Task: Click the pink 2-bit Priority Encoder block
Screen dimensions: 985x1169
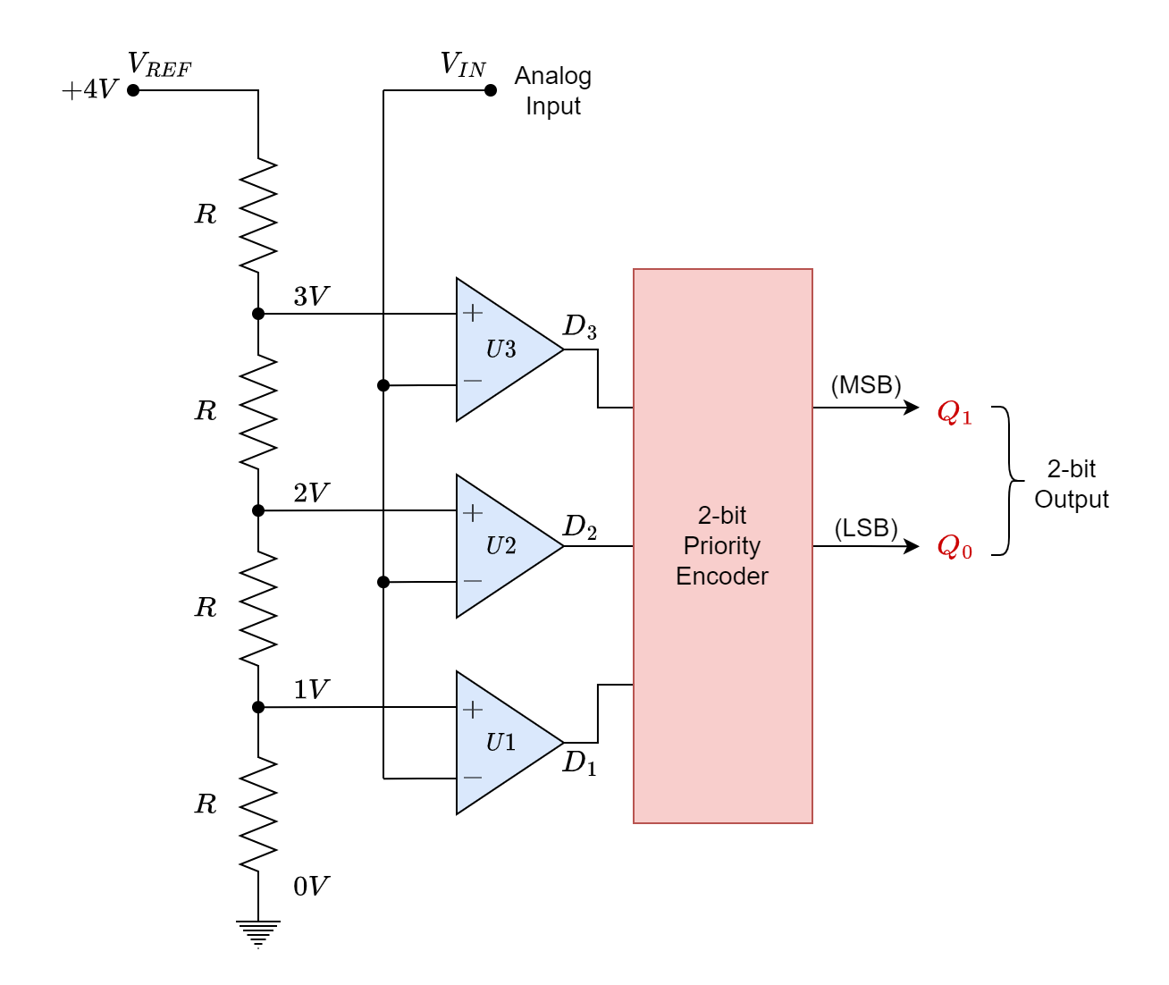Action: (722, 545)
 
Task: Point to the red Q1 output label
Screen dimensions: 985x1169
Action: (954, 413)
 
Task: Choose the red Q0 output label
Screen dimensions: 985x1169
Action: (954, 546)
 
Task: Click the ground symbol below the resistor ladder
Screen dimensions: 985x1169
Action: (258, 933)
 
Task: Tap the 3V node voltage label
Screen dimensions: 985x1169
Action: (311, 296)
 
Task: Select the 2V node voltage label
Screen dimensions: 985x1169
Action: (311, 492)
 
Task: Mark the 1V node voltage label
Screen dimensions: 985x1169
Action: (311, 689)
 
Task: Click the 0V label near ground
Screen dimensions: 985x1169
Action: (311, 886)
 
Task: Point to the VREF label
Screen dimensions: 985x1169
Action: (159, 65)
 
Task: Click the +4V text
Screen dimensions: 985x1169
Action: (89, 90)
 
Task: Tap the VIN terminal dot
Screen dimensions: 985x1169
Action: (490, 90)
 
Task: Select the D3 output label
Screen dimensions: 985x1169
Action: (579, 327)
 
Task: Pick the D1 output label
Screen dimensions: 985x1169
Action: (579, 763)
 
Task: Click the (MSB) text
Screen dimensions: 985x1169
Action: (865, 385)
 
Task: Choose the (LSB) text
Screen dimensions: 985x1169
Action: (865, 528)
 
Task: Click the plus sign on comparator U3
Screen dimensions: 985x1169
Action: (473, 313)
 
